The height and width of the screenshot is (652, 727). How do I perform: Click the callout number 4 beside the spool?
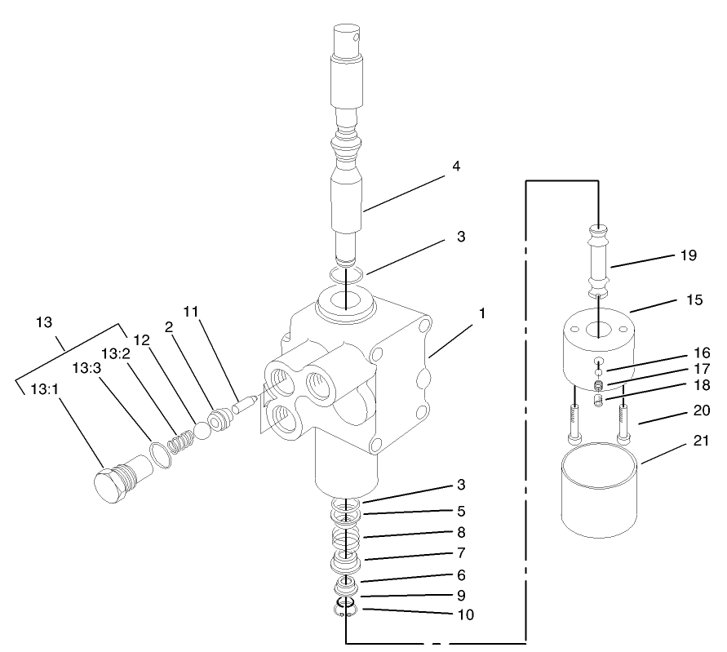456,166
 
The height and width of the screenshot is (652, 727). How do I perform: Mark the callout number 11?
191,311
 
